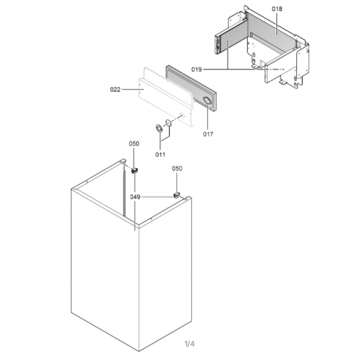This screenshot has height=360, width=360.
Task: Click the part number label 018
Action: [277, 9]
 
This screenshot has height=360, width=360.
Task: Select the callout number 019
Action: [197, 69]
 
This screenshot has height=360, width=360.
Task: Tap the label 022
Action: [115, 90]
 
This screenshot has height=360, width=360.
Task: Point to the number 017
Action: [208, 135]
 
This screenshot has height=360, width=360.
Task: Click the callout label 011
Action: [160, 155]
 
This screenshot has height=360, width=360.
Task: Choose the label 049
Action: [135, 197]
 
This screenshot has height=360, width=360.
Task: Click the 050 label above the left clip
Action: [134, 143]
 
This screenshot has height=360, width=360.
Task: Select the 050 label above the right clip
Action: [177, 169]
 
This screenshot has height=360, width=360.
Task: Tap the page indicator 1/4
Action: [190, 344]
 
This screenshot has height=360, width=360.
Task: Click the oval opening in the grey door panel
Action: [207, 100]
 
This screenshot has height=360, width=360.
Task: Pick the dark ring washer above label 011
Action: [159, 128]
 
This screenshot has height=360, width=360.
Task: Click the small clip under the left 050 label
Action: [134, 170]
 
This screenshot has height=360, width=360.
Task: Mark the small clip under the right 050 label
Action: [176, 195]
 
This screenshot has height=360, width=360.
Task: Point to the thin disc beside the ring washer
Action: [168, 123]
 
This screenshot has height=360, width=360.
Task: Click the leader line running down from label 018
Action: [276, 23]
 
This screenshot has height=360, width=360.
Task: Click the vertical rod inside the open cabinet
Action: [123, 190]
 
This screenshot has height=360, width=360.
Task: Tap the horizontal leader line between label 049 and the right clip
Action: [157, 197]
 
